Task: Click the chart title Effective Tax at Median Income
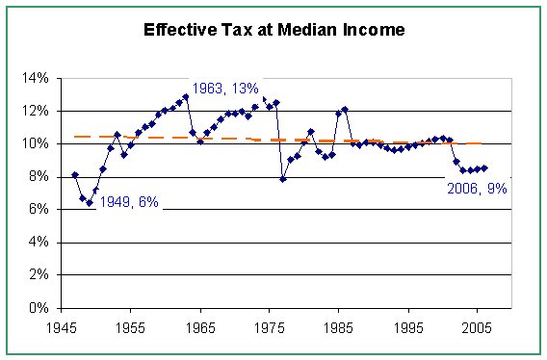coord(273,29)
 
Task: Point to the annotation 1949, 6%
coord(130,202)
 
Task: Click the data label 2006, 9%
coord(477,189)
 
